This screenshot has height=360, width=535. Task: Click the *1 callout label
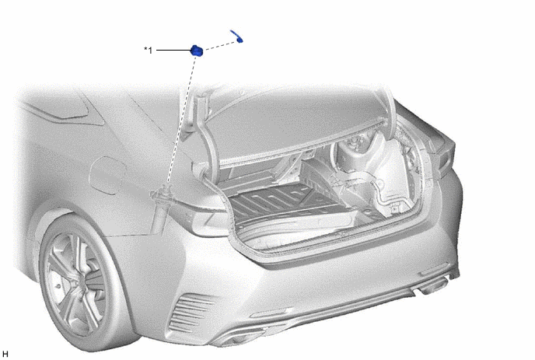(x=148, y=51)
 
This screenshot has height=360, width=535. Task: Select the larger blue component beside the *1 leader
(x=197, y=51)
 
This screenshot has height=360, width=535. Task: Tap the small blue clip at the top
(x=237, y=37)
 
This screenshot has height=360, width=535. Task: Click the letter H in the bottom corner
(x=5, y=354)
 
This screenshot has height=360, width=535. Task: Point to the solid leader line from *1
(x=173, y=51)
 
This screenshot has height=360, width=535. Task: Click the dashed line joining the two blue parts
(x=221, y=45)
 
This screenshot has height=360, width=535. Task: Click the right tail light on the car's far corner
(x=442, y=150)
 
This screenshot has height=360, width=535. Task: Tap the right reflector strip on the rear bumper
(x=434, y=269)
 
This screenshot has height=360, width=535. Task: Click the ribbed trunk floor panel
(x=273, y=201)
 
